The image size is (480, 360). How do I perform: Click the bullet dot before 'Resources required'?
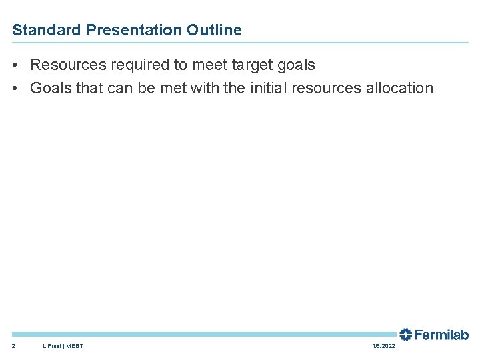click(15, 65)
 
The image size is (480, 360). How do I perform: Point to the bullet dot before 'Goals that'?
click(15, 88)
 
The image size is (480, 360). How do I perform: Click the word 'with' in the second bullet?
click(204, 88)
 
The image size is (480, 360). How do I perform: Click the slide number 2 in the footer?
click(14, 346)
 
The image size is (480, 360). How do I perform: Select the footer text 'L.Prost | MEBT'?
click(63, 346)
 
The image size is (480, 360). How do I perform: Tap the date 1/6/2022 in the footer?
click(383, 346)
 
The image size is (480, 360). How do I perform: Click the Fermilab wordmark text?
click(441, 335)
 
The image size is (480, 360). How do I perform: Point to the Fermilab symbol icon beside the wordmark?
click(405, 334)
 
